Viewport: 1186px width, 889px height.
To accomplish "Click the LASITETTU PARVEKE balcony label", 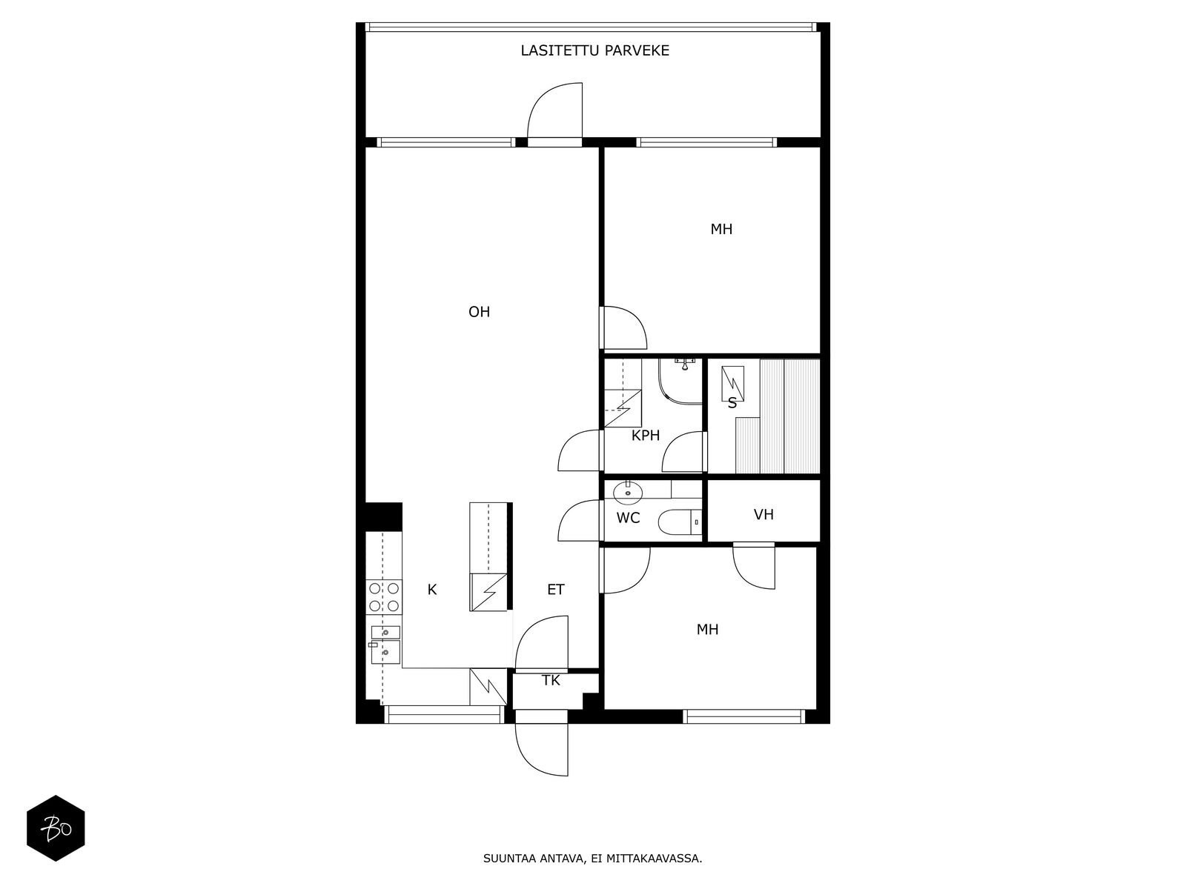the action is pos(594,50).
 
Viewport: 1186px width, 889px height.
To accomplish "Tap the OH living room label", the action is pos(479,312).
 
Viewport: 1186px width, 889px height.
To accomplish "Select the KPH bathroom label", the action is pos(645,436).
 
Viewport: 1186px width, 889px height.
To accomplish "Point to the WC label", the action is pos(628,518).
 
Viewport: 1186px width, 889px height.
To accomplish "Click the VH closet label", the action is pos(763,515).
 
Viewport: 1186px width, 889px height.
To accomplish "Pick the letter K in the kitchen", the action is pos(431,590).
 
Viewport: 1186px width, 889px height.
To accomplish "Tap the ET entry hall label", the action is pos(555,590).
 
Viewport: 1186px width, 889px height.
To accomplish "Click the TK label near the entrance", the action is pos(551,681).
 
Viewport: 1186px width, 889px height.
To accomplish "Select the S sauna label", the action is pos(732,403).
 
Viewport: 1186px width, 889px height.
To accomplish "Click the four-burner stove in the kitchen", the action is pos(384,597).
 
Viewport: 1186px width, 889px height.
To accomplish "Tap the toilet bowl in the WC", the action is pos(679,522).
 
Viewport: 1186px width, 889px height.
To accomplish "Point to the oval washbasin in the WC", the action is pos(627,492).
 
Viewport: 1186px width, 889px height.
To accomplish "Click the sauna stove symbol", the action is pos(732,383).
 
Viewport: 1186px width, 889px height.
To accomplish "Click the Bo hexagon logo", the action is pos(56,828).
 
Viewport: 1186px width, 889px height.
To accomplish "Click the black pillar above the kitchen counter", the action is pos(384,517).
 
